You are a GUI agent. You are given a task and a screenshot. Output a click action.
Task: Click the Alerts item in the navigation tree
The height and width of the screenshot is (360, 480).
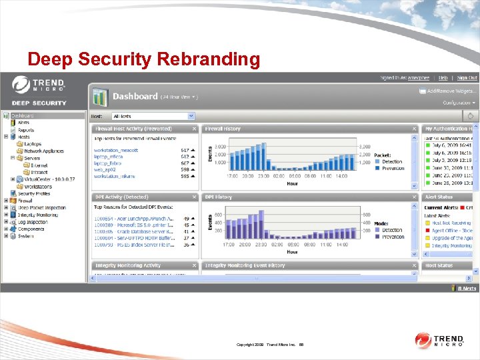point(23,123)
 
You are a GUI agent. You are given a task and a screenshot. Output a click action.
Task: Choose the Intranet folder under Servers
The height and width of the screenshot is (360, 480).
point(39,172)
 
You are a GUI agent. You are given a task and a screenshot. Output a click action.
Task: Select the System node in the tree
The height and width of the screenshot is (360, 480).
point(25,236)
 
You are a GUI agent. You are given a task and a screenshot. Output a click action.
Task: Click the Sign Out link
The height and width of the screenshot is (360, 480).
point(467,78)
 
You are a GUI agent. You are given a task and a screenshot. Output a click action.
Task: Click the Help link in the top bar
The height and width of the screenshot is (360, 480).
point(443,78)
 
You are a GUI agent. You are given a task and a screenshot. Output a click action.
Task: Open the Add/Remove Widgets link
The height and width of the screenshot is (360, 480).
point(451,91)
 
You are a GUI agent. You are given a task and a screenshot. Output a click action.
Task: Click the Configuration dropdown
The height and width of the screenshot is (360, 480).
point(459,103)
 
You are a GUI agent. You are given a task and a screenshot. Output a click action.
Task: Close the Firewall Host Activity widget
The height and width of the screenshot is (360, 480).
point(194,129)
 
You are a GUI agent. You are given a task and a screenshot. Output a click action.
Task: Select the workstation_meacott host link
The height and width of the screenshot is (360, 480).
point(116,151)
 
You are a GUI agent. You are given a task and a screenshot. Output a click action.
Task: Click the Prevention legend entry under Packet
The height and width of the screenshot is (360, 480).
point(393,169)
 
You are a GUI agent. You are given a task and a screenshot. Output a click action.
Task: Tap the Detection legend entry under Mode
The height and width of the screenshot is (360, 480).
point(393,231)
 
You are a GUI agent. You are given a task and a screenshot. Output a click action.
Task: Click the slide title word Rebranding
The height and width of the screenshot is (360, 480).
point(208,59)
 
